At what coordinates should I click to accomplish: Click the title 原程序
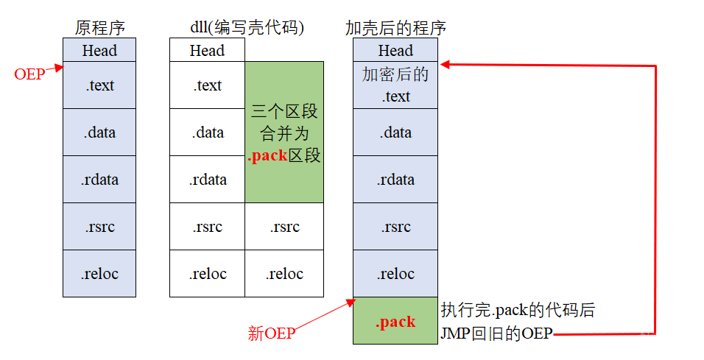click(99, 29)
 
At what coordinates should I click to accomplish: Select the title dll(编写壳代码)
click(247, 29)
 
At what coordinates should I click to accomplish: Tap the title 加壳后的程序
click(395, 29)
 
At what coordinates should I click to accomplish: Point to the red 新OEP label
click(271, 333)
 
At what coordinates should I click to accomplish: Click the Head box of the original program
click(99, 50)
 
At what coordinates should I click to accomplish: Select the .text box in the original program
click(99, 85)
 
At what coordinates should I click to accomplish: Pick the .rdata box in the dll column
click(208, 180)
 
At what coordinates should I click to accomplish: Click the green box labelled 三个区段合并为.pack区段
click(284, 133)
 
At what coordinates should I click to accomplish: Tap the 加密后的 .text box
click(395, 85)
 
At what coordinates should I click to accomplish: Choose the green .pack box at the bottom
click(395, 321)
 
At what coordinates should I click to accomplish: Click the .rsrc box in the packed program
click(395, 227)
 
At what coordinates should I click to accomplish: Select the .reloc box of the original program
click(99, 274)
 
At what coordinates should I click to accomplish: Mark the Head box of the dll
click(207, 50)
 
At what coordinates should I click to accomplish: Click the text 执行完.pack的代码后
click(518, 310)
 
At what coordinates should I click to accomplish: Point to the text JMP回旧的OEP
click(496, 333)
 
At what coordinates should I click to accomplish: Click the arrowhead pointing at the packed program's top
click(445, 66)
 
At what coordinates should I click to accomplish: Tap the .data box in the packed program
click(395, 133)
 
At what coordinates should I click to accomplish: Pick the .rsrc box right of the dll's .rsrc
click(284, 227)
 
